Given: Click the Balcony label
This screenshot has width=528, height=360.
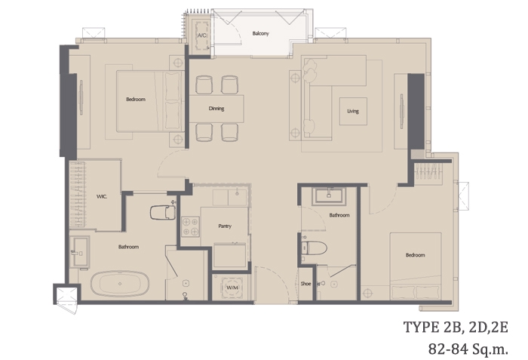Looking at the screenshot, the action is [261, 33].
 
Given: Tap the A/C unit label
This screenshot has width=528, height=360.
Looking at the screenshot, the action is [201, 35].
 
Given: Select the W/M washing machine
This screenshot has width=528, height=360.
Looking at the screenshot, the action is [232, 288].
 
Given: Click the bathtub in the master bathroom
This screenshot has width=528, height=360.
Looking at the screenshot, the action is [119, 284].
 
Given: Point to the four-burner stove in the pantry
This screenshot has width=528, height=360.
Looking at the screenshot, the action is [190, 226].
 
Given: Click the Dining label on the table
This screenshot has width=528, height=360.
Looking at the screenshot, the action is [216, 109].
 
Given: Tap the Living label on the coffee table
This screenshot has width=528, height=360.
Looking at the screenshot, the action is [353, 111].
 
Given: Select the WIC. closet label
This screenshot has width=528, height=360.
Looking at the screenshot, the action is [102, 196].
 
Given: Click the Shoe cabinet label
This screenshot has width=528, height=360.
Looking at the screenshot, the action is [305, 284].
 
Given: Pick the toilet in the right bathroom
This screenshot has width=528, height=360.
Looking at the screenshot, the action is [314, 248].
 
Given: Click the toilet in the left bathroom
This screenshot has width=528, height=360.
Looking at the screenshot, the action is [163, 212].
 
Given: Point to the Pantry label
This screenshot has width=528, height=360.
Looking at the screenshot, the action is [225, 226].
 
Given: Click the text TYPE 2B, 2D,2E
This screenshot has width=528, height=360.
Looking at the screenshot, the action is [456, 328].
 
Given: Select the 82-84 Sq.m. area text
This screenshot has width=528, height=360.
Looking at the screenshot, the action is [468, 349].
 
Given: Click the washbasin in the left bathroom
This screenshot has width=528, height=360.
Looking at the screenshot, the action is [81, 252].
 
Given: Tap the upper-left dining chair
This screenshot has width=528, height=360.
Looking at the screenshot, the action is [204, 85].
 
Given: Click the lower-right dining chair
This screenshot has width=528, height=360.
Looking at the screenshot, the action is [229, 132].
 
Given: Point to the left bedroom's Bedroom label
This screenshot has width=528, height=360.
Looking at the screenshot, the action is [136, 100].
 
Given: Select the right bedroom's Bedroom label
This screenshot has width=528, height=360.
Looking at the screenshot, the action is [415, 255].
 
